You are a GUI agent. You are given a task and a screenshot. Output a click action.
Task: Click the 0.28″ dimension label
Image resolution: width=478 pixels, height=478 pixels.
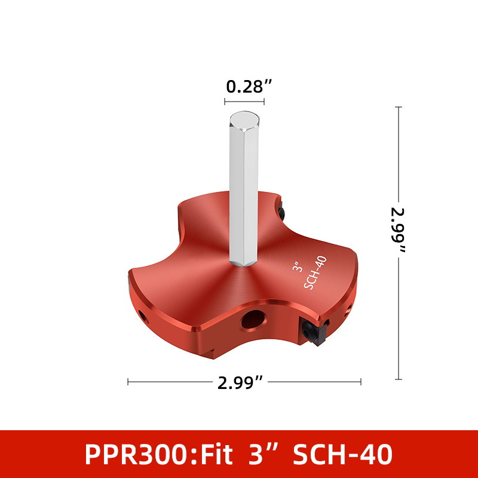(x=249, y=86)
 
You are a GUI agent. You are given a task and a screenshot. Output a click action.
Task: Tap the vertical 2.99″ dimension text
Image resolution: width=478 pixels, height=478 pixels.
(x=399, y=230)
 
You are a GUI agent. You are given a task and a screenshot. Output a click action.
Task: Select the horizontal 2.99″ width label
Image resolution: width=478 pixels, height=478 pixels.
(x=240, y=382)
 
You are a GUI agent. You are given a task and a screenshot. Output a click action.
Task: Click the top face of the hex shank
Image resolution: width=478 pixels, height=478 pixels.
(x=244, y=121)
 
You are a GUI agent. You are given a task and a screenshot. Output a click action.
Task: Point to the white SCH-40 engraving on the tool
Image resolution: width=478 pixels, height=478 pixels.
(x=315, y=273)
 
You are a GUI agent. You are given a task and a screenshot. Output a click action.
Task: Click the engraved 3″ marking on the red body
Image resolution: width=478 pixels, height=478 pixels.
(x=298, y=266)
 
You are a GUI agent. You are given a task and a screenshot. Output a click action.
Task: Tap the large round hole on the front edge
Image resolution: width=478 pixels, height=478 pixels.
(x=253, y=320)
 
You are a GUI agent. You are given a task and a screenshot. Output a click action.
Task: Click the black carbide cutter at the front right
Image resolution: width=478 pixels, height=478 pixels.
(x=314, y=332)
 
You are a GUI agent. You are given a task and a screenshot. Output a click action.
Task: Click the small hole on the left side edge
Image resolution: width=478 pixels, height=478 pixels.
(x=143, y=317)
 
